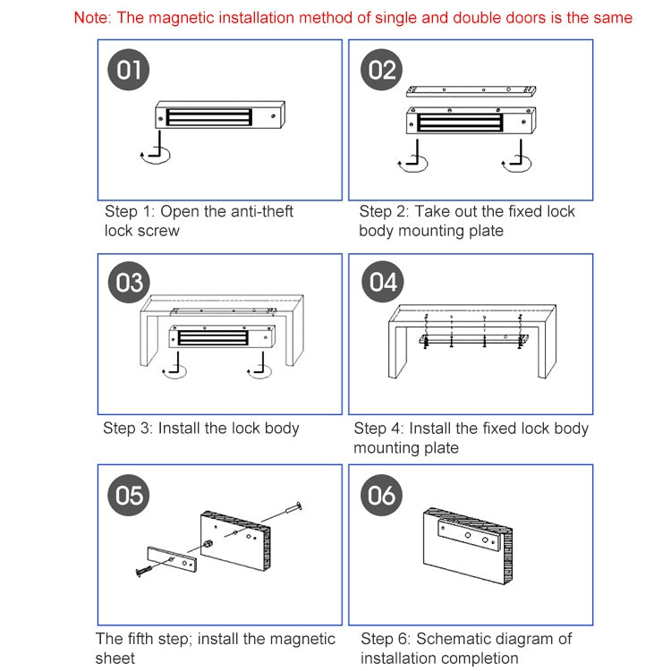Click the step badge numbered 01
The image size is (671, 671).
(x=129, y=69)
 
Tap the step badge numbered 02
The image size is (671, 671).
(x=382, y=69)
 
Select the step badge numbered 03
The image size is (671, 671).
(x=129, y=283)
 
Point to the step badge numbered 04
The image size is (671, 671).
(x=382, y=283)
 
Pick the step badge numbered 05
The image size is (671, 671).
(x=129, y=495)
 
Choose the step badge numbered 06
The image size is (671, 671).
(x=382, y=495)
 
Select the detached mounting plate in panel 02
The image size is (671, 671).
(x=471, y=90)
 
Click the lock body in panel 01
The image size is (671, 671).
(x=220, y=116)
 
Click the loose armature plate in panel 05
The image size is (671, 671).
(x=170, y=559)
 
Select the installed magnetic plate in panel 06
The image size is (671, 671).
(x=468, y=538)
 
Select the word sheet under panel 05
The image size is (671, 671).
(x=115, y=658)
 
